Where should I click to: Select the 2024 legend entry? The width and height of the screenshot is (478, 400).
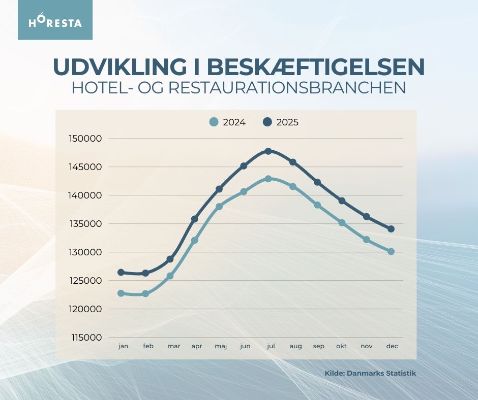tap(228, 122)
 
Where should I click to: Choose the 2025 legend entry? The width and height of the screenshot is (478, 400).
tap(281, 122)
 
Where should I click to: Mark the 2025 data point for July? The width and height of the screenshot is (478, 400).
tap(268, 151)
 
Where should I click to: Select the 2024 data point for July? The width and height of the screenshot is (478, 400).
tap(268, 179)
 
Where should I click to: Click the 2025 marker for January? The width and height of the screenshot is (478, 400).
tap(121, 273)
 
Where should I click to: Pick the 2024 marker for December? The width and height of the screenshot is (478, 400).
tap(391, 251)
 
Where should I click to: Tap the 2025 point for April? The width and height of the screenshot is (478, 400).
tap(194, 219)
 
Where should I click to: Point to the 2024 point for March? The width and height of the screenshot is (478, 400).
tap(170, 276)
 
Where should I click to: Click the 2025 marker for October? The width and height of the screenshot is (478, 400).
tap(342, 201)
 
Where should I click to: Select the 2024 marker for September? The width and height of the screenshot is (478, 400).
tap(317, 205)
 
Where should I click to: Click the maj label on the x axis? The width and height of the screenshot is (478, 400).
tap(221, 346)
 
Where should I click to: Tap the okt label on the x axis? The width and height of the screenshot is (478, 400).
tap(342, 346)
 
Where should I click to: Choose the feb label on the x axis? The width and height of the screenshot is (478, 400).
tap(148, 346)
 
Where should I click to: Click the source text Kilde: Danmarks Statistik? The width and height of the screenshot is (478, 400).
tap(370, 373)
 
